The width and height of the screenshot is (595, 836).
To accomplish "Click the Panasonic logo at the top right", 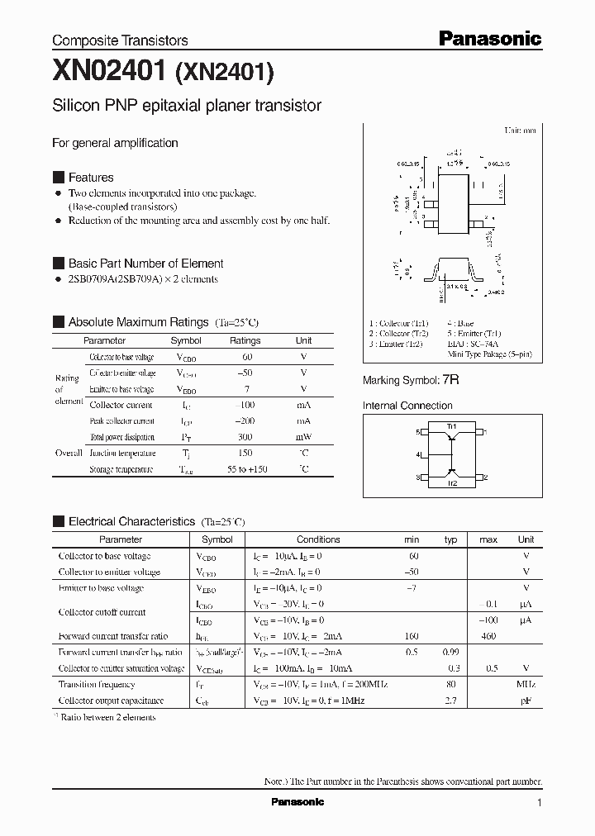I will (489, 39).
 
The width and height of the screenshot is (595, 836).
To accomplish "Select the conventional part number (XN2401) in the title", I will (222, 74).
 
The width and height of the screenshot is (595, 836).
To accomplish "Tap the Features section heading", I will (91, 178).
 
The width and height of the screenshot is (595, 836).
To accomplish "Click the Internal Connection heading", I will (407, 406).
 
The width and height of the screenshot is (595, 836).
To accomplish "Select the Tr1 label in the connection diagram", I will (452, 426).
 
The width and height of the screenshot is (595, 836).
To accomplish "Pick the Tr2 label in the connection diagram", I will (452, 483).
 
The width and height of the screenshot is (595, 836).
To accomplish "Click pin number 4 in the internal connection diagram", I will (419, 455).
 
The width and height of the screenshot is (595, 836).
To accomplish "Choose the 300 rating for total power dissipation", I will (245, 437).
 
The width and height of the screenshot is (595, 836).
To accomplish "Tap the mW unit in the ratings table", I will (303, 437).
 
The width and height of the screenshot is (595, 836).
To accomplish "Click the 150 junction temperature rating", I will (245, 453).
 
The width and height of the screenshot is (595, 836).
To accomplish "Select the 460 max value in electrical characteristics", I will (488, 636).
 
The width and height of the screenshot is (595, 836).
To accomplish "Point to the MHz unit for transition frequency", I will (526, 684).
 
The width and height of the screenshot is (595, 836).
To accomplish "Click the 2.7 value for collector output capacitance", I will (451, 701).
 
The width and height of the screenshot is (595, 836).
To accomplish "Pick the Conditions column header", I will (318, 539).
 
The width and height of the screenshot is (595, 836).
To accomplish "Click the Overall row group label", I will (69, 453).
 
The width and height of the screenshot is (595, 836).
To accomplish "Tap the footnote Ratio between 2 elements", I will (107, 717).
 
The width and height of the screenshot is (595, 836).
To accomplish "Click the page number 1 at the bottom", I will (540, 803).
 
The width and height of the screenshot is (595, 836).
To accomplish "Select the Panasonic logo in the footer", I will (297, 802).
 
